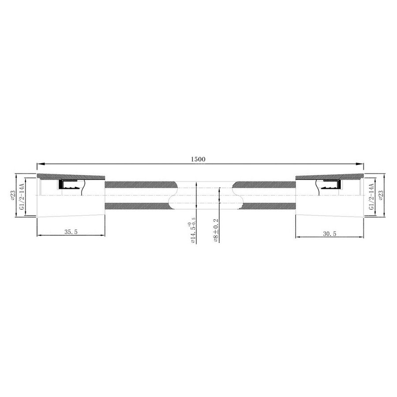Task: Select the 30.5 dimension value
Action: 329,234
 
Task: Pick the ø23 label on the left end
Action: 15,194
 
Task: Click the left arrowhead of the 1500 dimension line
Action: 39,164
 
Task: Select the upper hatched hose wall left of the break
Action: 139,184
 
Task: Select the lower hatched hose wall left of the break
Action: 139,205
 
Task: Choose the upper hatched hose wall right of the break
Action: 265,184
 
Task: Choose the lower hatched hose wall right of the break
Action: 265,205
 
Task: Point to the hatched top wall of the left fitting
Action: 71,177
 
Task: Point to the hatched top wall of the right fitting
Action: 329,177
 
